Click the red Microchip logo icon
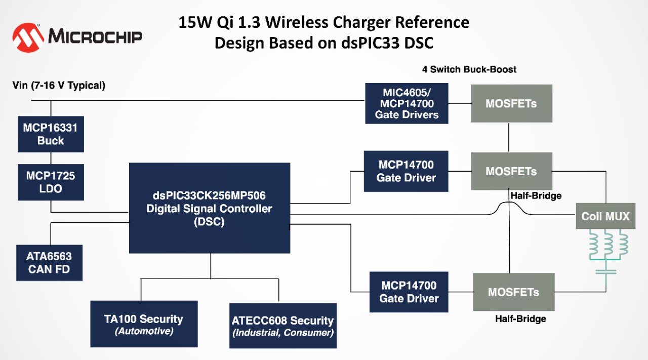click(28, 37)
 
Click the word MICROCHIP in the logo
click(95, 36)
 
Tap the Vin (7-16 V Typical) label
click(59, 86)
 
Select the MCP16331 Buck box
click(51, 134)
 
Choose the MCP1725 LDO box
click(51, 182)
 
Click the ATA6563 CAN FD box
click(49, 263)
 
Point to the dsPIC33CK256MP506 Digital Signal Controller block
click(210, 208)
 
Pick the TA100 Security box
click(144, 324)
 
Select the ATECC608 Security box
click(283, 326)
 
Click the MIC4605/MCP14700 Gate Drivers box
click(407, 104)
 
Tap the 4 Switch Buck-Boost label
click(469, 69)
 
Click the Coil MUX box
click(605, 217)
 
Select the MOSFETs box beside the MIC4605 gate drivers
click(511, 104)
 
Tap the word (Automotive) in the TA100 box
click(144, 332)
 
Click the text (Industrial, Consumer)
click(283, 333)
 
